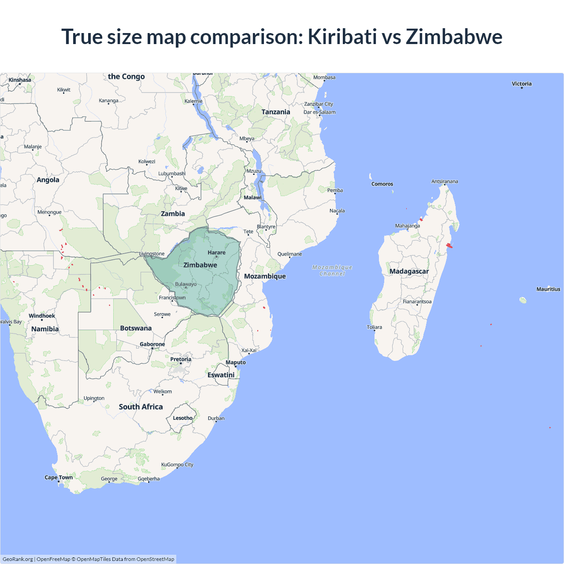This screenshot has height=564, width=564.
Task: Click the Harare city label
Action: coord(216,252)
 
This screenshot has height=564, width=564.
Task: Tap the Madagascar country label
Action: coord(409,271)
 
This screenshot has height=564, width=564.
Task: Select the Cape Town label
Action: coord(59,477)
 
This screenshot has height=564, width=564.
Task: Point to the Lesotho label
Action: coord(182,418)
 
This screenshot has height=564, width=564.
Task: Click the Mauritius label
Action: coord(548,289)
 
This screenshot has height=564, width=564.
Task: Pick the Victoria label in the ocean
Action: coord(522,84)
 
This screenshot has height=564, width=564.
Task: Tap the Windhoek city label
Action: coord(42,316)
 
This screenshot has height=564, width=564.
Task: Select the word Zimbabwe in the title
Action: coord(454,37)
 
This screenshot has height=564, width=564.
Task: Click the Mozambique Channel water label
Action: coord(332,271)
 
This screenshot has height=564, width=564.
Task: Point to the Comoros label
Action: coord(382,184)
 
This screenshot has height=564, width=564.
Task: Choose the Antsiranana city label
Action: coord(445,182)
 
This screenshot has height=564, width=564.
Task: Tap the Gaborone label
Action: coord(152,344)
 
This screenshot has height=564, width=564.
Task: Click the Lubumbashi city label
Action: coord(172,174)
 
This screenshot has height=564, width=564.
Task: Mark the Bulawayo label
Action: coord(186,284)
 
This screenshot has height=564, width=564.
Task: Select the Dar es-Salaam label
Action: coord(319,112)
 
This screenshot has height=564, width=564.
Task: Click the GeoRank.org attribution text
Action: coord(18,559)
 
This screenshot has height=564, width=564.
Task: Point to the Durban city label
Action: coord(216,418)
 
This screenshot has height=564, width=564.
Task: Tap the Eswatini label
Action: coord(221,375)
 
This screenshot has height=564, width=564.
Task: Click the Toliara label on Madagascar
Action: coord(375,327)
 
